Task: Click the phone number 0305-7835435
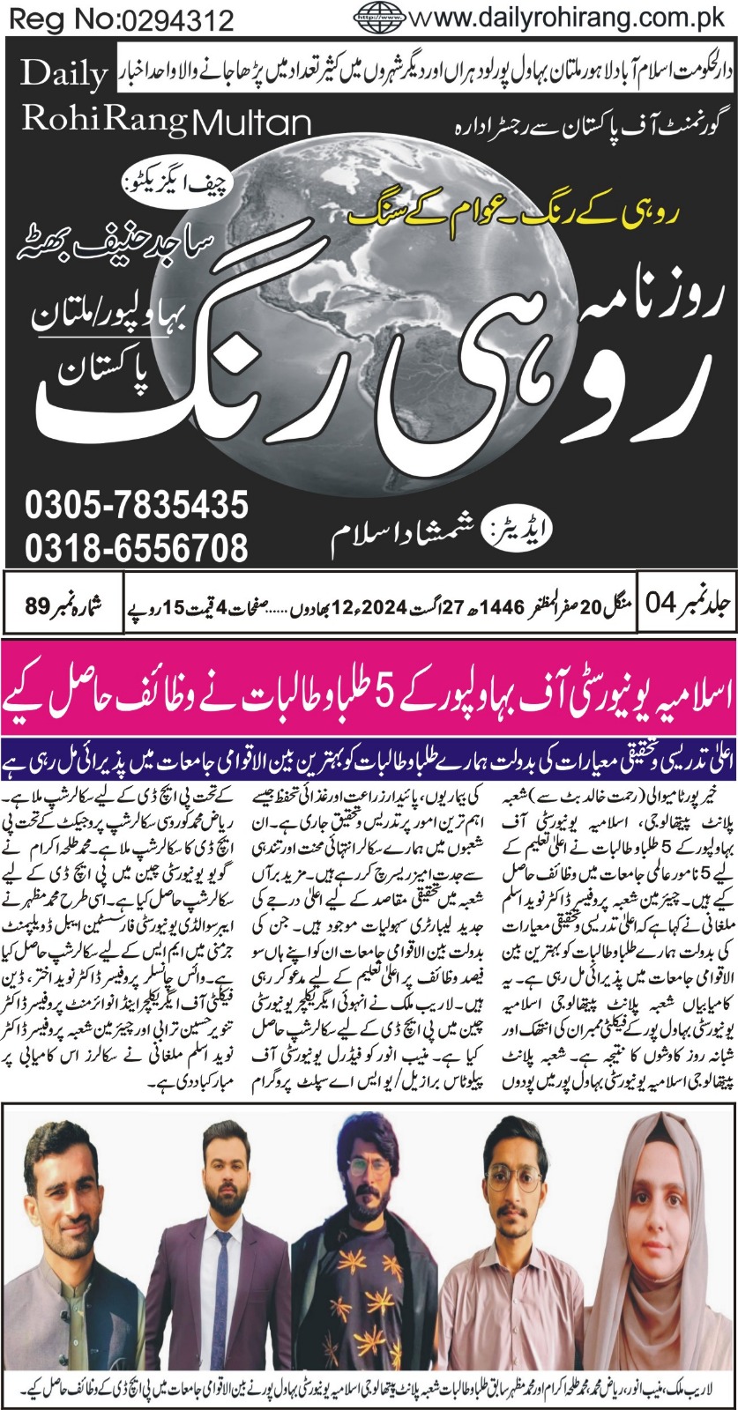click(137, 507)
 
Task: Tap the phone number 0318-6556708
click(137, 548)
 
